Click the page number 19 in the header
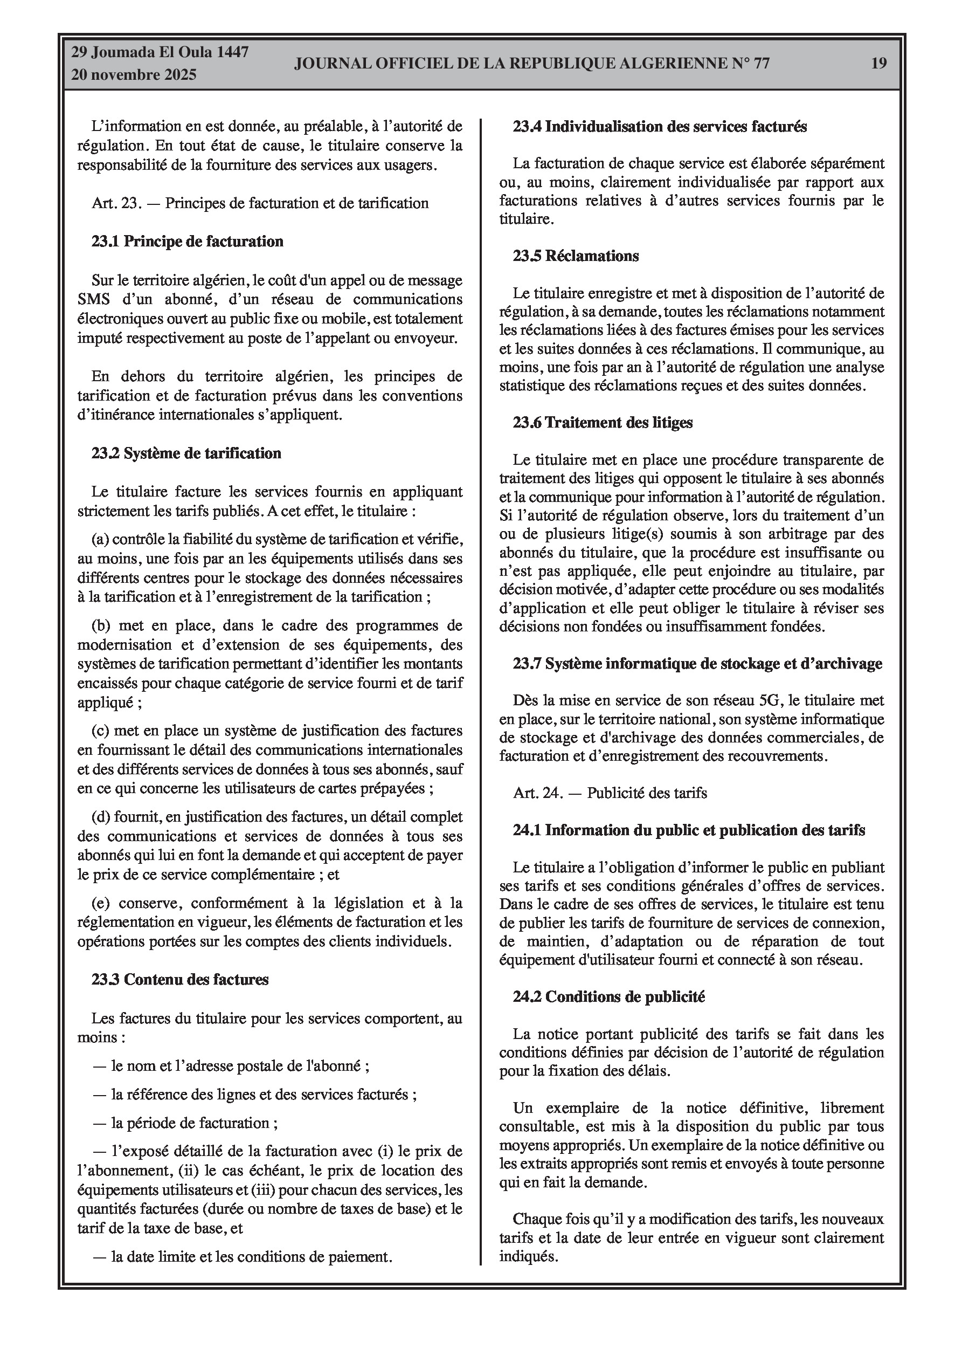[x=878, y=63]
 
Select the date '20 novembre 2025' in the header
[x=134, y=75]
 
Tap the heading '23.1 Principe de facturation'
[x=188, y=242]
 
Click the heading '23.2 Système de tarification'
[x=186, y=453]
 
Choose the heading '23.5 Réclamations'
[x=576, y=256]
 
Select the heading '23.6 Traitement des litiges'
[x=603, y=422]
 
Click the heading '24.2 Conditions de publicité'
[x=608, y=996]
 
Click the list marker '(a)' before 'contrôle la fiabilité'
[x=100, y=539]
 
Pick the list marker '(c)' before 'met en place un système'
[x=100, y=731]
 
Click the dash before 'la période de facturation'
[x=99, y=1123]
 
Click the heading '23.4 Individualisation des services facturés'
[x=660, y=126]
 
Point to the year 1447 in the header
[x=232, y=52]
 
